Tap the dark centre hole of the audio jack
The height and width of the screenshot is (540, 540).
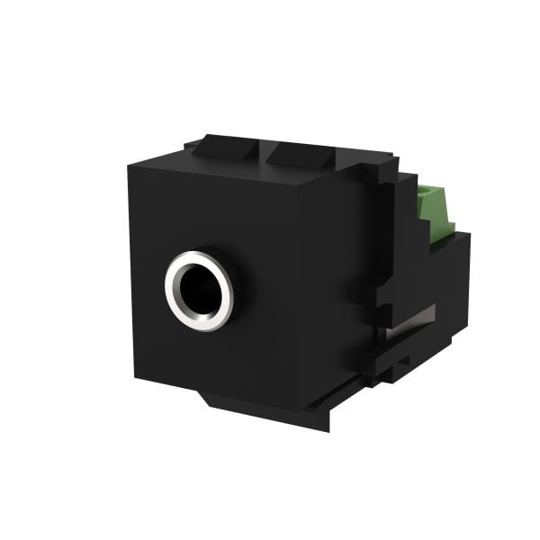[x=200, y=289]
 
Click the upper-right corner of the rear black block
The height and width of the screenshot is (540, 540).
[x=469, y=236]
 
